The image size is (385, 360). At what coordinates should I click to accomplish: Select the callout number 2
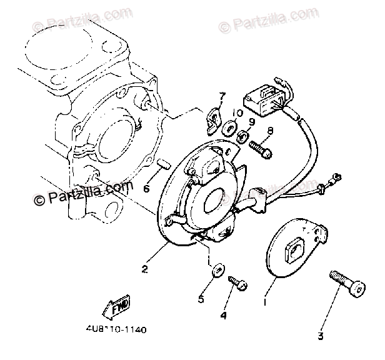point(144,270)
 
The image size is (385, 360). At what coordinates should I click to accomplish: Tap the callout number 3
point(320,336)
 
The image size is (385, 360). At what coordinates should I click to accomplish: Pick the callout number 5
point(201,299)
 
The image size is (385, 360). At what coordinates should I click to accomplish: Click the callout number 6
point(146,189)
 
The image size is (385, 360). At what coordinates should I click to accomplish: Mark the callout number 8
point(271,131)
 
